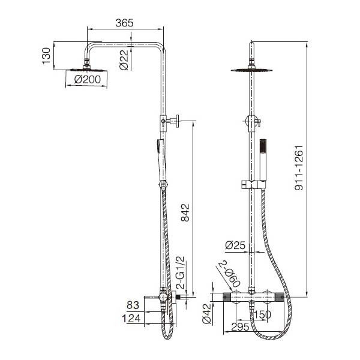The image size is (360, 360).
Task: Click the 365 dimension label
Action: pyautogui.click(x=124, y=23)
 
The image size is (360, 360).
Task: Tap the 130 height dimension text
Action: pyautogui.click(x=46, y=56)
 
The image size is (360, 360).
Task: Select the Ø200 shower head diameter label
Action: pyautogui.click(x=88, y=79)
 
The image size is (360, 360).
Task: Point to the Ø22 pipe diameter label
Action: pyautogui.click(x=124, y=60)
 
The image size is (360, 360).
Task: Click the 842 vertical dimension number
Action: pyautogui.click(x=185, y=212)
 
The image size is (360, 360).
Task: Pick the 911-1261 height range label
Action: pyautogui.click(x=299, y=168)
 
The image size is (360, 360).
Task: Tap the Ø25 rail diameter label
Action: pyautogui.click(x=235, y=245)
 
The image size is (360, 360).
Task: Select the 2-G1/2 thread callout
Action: pyautogui.click(x=180, y=272)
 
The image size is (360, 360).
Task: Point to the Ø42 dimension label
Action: pyautogui.click(x=206, y=314)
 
